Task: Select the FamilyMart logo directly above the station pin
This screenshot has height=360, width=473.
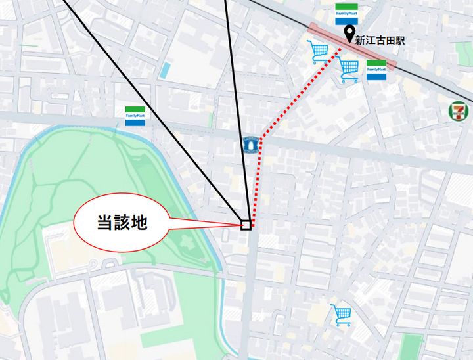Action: (346, 14)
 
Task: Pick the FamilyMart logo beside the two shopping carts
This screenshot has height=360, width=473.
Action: (376, 70)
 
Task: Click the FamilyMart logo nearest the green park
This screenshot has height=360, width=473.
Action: (136, 116)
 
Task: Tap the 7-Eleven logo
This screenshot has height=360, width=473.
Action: (458, 110)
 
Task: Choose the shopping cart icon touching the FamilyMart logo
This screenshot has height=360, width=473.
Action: (349, 70)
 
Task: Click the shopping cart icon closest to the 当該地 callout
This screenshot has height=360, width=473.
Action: (319, 51)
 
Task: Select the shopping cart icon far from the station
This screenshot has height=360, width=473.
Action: (342, 315)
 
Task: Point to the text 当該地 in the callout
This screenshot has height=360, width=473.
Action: (122, 223)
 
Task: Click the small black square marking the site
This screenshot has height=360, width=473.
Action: (246, 225)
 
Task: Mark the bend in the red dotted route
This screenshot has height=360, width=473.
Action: (261, 139)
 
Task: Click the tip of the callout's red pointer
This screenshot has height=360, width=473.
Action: (242, 225)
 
